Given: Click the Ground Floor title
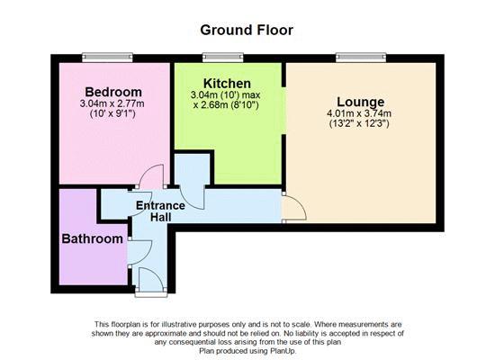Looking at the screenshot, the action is click(x=247, y=31).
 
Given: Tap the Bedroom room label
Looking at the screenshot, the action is click(x=113, y=92).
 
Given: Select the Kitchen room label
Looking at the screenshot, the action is click(x=227, y=84).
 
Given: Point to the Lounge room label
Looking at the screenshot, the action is click(x=361, y=102).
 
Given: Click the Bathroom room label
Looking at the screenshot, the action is click(x=92, y=238).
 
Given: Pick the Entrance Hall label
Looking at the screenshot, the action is click(x=160, y=211).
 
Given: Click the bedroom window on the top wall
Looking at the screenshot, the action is click(x=107, y=58).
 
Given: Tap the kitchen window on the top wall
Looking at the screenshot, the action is click(x=223, y=58).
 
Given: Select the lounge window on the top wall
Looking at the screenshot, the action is click(x=361, y=58).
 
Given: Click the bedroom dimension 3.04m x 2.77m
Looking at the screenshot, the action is click(x=112, y=103).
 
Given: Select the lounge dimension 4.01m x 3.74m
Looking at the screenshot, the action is click(x=359, y=113).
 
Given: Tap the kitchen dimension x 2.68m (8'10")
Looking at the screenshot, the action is click(x=226, y=104).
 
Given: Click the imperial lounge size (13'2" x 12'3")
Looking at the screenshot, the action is click(x=359, y=123).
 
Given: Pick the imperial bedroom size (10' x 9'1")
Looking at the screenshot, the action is click(x=112, y=113).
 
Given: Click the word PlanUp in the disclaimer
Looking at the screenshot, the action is click(x=283, y=351).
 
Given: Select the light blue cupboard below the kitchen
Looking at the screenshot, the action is click(x=192, y=171).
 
